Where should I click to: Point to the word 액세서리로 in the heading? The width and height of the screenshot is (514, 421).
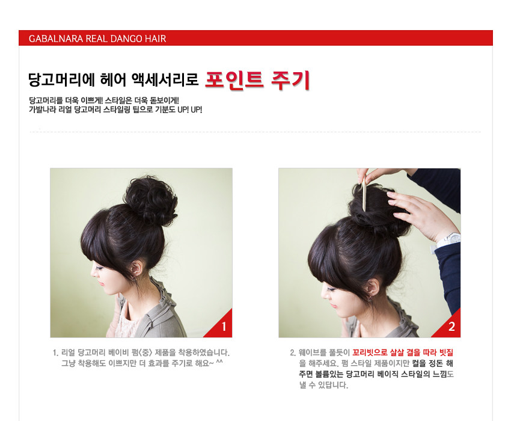[x=170, y=79]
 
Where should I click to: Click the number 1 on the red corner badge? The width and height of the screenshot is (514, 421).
[x=224, y=327]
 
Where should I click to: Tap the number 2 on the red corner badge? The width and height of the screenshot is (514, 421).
[x=451, y=327]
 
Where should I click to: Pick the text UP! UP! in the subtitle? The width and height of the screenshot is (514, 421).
[x=190, y=110]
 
